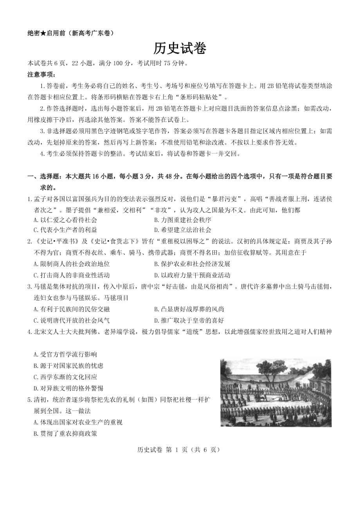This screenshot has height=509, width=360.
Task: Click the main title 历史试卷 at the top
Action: point(180,48)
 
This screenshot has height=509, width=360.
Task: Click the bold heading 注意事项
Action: point(41,74)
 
